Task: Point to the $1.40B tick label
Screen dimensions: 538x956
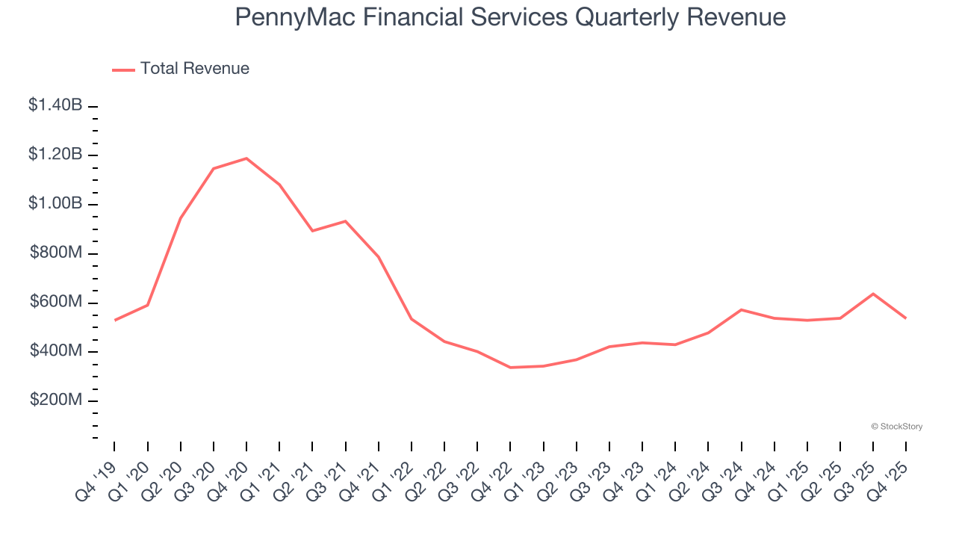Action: pyautogui.click(x=55, y=105)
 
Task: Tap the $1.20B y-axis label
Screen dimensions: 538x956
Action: pyautogui.click(x=55, y=155)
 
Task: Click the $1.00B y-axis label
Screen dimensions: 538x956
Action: pyautogui.click(x=55, y=204)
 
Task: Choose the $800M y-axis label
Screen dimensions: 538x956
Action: pyautogui.click(x=57, y=253)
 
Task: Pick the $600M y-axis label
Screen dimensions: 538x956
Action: pyautogui.click(x=57, y=302)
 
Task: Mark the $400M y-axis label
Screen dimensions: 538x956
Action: pyautogui.click(x=57, y=351)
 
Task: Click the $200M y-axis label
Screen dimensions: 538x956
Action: pyautogui.click(x=57, y=401)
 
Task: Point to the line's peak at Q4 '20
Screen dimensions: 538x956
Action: pyautogui.click(x=246, y=158)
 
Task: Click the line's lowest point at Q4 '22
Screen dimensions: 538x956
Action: pyautogui.click(x=510, y=368)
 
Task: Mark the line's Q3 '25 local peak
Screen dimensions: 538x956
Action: pyautogui.click(x=873, y=294)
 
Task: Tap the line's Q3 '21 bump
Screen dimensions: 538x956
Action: pyautogui.click(x=345, y=221)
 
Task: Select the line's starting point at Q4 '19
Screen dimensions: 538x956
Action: pyautogui.click(x=114, y=320)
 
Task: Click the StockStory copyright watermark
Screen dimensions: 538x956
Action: pyautogui.click(x=896, y=427)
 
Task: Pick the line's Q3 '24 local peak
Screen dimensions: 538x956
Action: pyautogui.click(x=741, y=309)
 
